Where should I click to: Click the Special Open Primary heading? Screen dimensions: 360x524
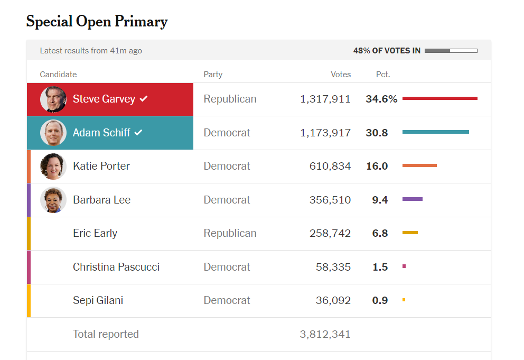point(97,22)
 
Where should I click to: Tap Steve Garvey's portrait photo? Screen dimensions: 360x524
point(53,99)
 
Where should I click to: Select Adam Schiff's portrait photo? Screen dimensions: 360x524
point(53,133)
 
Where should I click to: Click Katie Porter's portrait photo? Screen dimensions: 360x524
point(53,167)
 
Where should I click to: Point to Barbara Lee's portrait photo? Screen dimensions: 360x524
point(53,200)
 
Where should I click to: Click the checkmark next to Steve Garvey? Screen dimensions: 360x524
point(144,99)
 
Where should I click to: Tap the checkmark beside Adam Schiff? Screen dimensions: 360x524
point(138,133)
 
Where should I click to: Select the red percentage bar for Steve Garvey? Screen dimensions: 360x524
point(439,98)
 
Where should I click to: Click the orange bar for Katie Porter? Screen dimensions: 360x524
point(419,166)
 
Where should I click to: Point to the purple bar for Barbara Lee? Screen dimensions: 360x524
point(412,199)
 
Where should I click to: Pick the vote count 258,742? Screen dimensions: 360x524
point(330,233)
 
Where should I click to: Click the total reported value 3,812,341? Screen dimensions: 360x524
point(325,334)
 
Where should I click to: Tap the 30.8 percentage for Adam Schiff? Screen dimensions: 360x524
point(377,133)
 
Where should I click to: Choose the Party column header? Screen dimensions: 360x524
point(213,75)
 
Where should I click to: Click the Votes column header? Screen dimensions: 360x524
point(341,75)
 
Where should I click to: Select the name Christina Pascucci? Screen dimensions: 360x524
point(116,267)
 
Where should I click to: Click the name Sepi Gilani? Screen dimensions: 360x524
point(98,300)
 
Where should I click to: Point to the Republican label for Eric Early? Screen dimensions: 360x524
point(230,233)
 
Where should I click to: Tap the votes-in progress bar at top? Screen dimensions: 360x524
point(451,51)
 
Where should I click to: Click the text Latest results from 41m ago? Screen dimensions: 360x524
point(91,51)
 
